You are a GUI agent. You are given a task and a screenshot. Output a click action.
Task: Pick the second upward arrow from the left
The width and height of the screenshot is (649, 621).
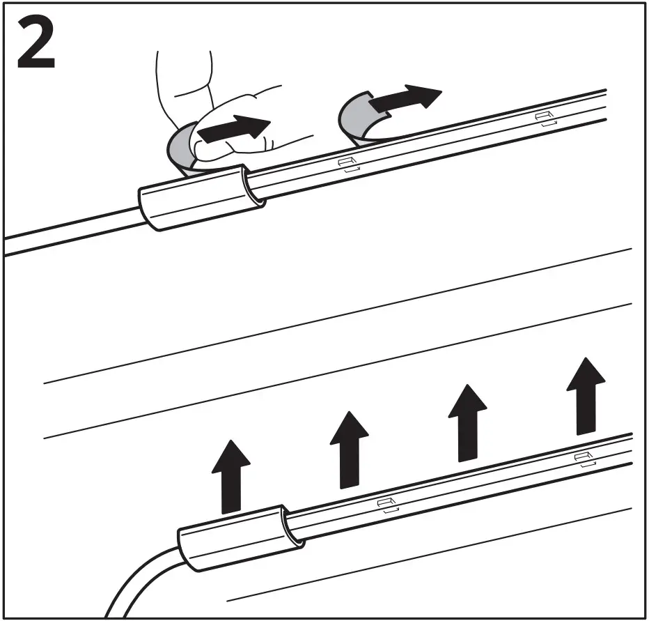349,450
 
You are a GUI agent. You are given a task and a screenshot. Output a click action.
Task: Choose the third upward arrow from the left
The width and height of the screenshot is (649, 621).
467,423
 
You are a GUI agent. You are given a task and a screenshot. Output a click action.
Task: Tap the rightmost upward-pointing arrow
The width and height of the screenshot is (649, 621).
585,395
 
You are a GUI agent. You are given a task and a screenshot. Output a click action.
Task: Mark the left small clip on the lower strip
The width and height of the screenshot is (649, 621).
386,504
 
